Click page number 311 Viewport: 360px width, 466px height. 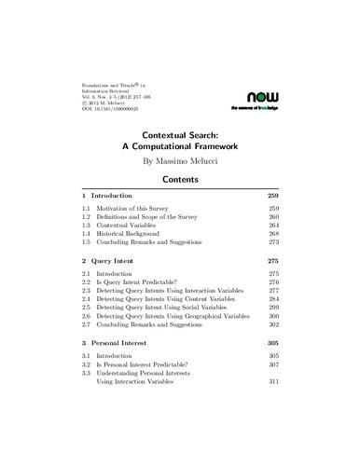(x=273, y=432)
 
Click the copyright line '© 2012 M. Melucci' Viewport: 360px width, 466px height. (x=113, y=99)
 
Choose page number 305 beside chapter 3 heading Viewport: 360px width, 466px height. (x=273, y=382)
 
